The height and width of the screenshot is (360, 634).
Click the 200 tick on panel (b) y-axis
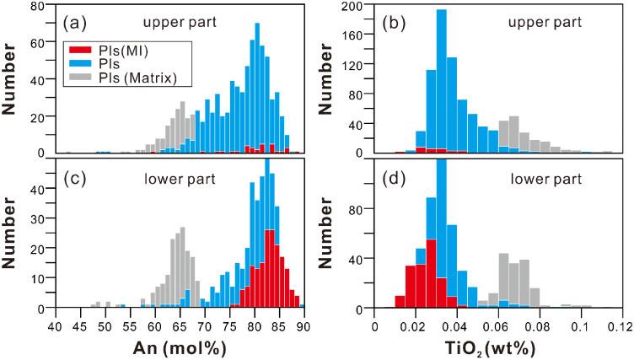pyautogui.click(x=363, y=7)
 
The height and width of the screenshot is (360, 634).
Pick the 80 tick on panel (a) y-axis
pyautogui.click(x=43, y=7)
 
